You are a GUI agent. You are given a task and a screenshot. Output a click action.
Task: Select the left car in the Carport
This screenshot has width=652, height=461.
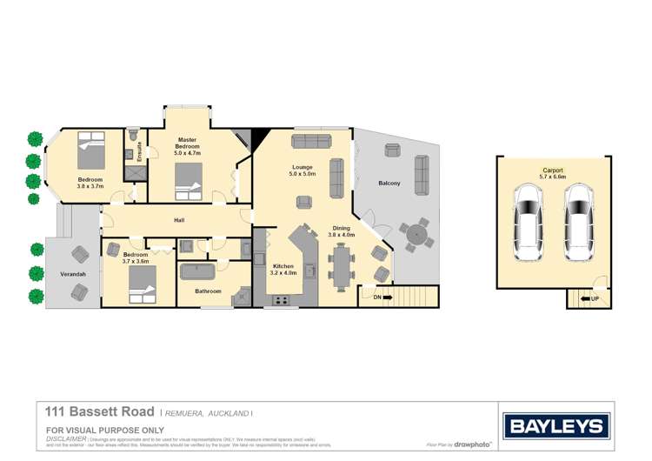tap(528, 223)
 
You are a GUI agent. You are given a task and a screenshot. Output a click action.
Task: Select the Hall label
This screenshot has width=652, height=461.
tap(178, 220)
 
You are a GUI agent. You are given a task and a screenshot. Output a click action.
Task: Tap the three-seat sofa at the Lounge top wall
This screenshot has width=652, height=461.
tap(310, 142)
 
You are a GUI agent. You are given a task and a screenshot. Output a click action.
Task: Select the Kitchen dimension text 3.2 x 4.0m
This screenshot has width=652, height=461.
tap(284, 273)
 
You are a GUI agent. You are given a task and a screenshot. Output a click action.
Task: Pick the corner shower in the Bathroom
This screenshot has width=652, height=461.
tap(241, 297)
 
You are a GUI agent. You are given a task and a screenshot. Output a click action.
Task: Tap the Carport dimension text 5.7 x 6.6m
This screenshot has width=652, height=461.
tap(553, 177)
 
